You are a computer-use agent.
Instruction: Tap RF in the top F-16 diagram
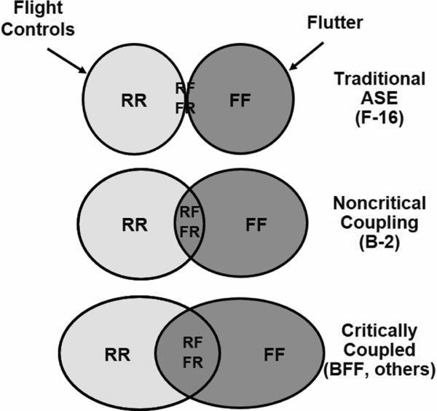(x=186, y=90)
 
